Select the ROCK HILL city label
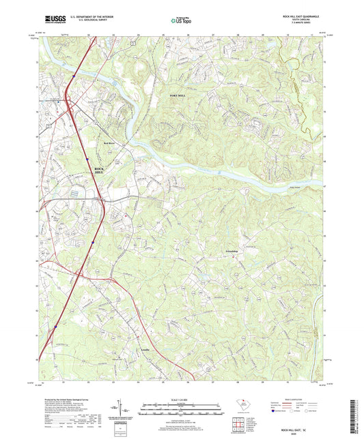point(99,171)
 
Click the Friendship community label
point(234,252)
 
